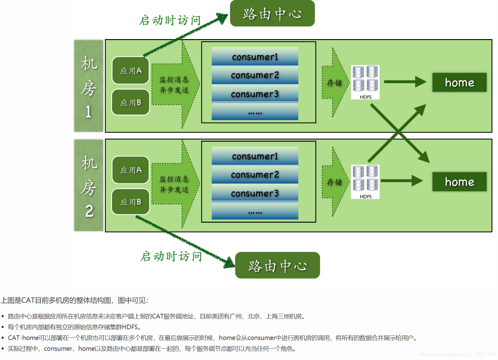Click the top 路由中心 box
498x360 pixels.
(272, 14)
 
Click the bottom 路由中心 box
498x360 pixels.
(277, 265)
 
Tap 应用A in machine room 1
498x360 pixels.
(131, 71)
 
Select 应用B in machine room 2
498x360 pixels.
(131, 202)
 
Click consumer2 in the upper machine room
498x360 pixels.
(255, 75)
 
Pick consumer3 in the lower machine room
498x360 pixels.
(255, 193)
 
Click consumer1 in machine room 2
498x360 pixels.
(255, 156)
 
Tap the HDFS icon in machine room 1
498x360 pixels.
(365, 82)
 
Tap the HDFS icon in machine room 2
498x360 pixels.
(365, 181)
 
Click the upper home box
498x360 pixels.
(459, 83)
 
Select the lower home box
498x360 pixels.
(459, 182)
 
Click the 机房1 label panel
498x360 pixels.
(89, 86)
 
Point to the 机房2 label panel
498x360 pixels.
(89, 185)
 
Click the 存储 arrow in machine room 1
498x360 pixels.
(335, 83)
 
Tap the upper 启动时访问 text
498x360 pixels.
(170, 20)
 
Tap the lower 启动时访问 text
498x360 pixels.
(171, 256)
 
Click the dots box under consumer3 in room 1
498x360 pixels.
(255, 112)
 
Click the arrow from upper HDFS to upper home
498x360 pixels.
(405, 82)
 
